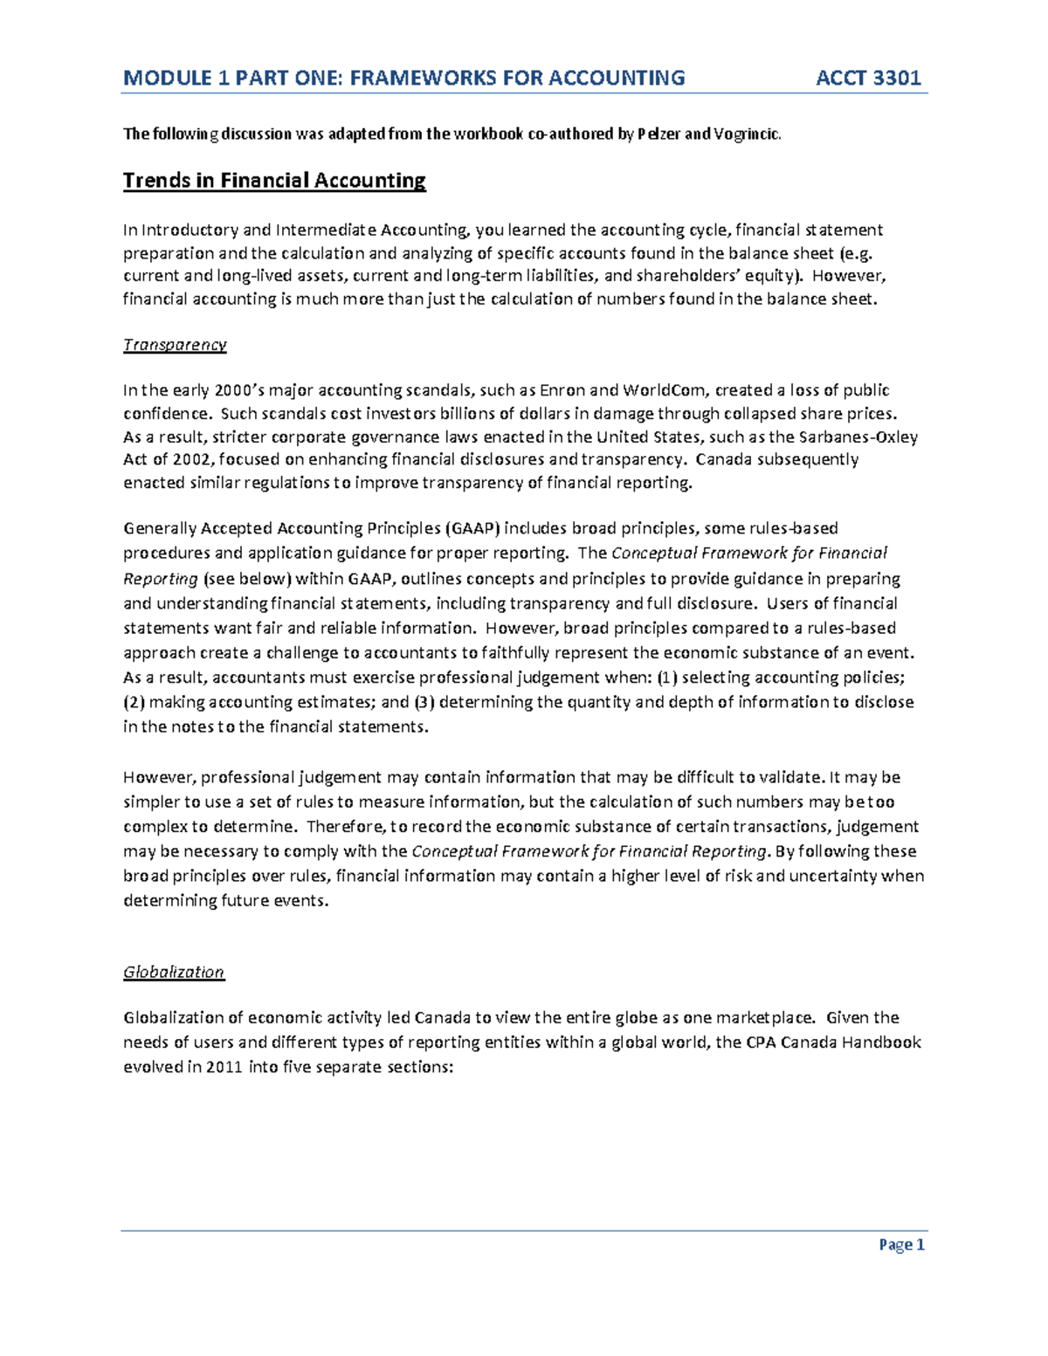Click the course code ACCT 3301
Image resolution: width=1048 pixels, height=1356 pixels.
pos(868,79)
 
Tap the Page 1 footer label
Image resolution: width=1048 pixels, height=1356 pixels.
pos(901,1245)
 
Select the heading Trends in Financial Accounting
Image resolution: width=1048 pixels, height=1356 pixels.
pos(274,181)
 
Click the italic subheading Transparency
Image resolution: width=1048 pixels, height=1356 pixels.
pos(175,345)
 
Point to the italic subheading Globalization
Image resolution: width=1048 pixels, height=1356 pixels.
pos(174,973)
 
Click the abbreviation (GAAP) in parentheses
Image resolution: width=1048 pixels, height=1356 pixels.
pos(472,528)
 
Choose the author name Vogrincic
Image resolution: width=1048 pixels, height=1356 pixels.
pos(747,134)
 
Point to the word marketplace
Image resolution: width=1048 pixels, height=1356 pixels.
pos(768,1018)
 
